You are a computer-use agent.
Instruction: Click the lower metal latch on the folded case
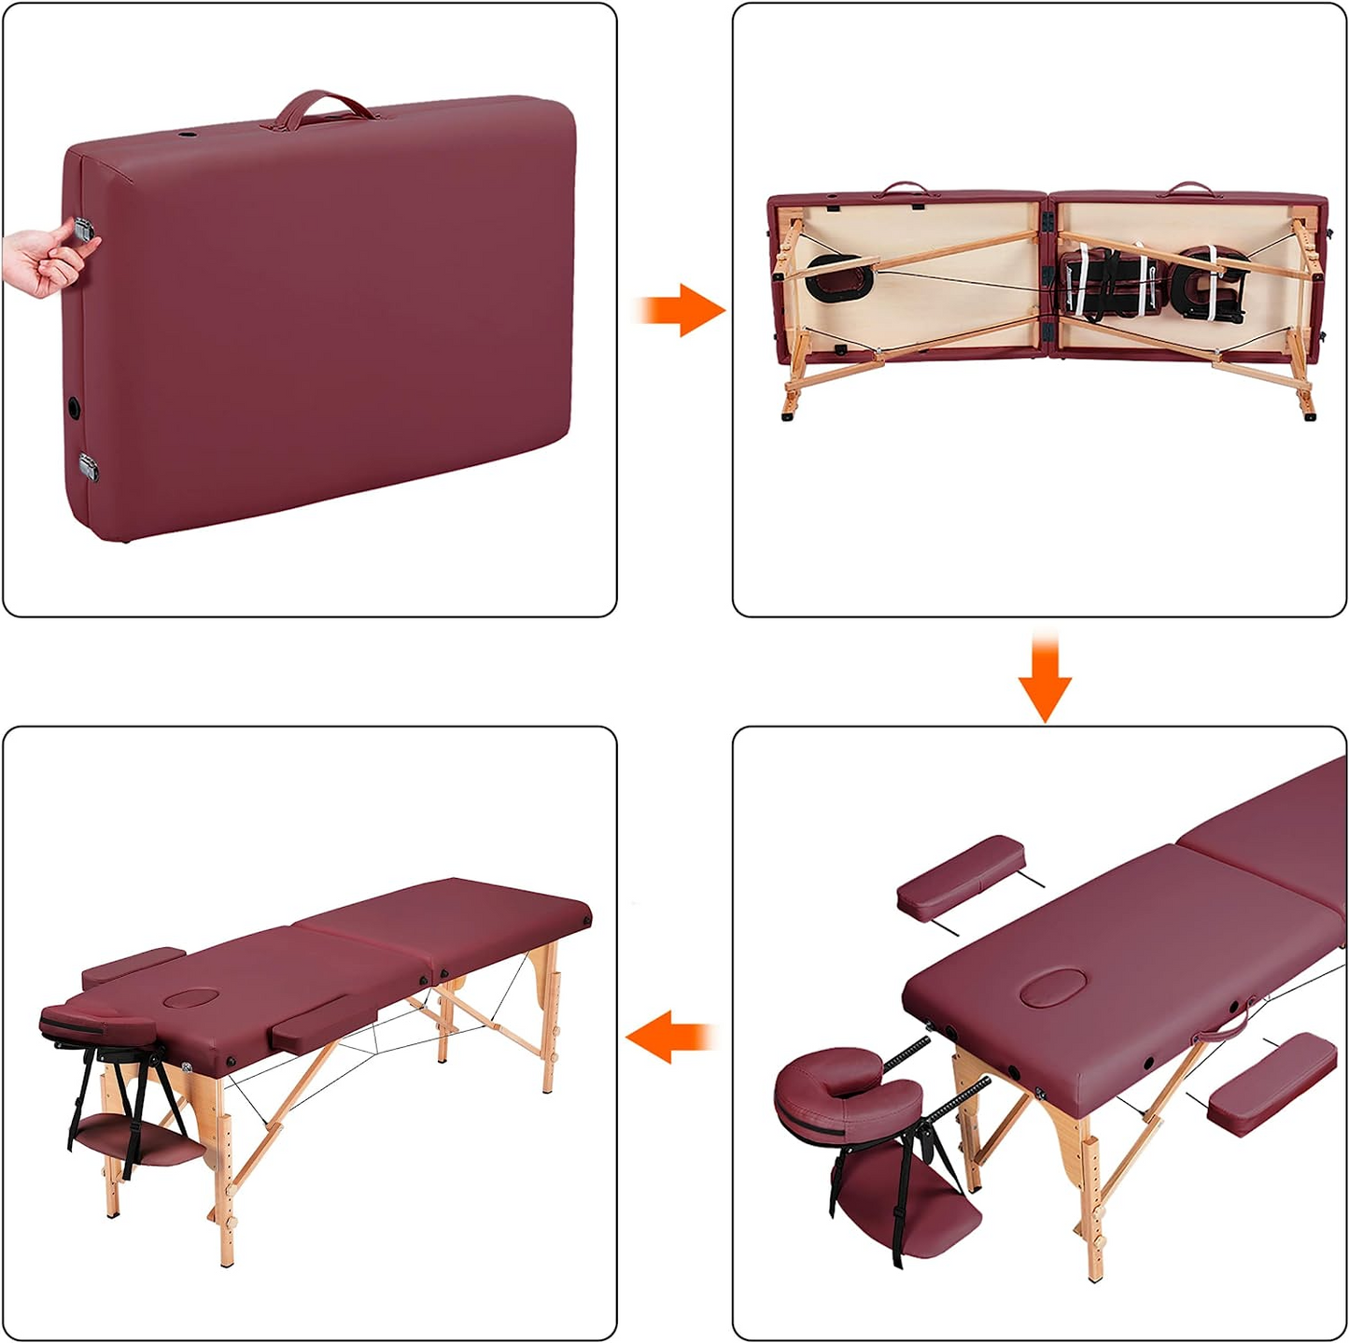[x=89, y=465]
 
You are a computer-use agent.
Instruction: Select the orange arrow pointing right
[x=682, y=309]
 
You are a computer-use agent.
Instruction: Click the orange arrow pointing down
[x=1045, y=680]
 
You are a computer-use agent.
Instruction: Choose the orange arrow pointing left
[x=669, y=1038]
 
